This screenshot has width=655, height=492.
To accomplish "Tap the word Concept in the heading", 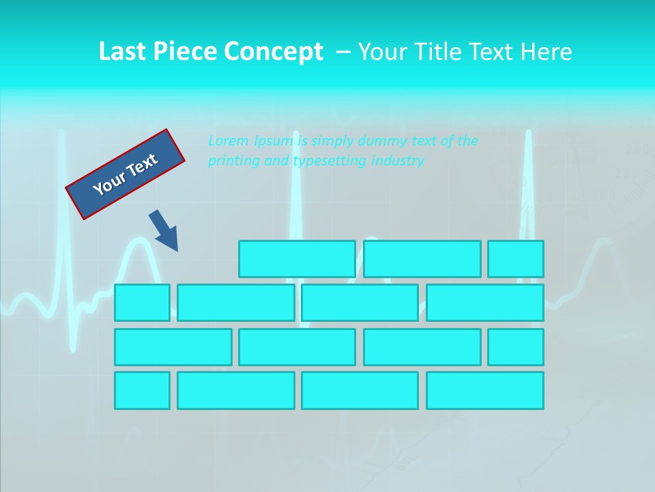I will click(274, 52).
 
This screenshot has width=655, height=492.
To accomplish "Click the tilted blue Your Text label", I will click(126, 174).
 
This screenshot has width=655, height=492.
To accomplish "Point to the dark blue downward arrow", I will click(164, 231).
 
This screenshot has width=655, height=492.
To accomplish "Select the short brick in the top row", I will click(516, 259).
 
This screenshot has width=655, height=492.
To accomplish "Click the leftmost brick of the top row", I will click(297, 259).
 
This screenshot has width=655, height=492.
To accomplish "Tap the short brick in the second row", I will click(142, 303).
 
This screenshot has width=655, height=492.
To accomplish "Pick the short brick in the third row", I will click(516, 347).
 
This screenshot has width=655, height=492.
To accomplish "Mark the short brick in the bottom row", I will click(142, 391).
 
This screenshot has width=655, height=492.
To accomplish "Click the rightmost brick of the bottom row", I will click(485, 391).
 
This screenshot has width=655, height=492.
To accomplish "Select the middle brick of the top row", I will click(422, 259).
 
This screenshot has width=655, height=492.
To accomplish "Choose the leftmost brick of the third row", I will click(173, 347).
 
